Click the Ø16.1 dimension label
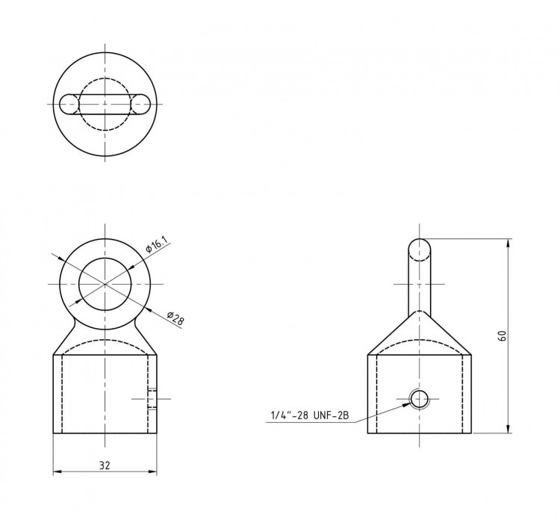[157, 246]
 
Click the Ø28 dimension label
[175, 318]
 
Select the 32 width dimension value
[105, 465]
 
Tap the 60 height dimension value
[502, 336]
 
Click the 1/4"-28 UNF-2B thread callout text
[310, 415]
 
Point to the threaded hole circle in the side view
[420, 399]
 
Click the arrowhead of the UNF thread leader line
[408, 404]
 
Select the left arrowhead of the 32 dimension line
[57, 472]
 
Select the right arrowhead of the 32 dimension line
[152, 472]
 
